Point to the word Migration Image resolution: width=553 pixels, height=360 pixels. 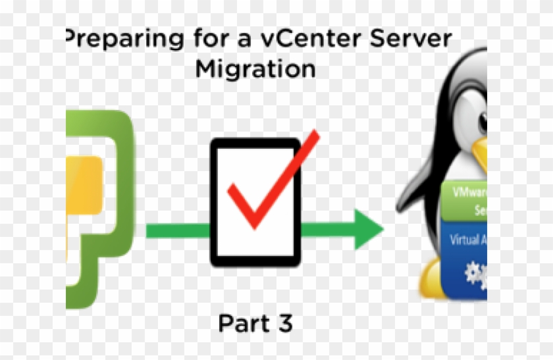[255, 68]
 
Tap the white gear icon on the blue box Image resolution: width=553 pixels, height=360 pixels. [474, 274]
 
